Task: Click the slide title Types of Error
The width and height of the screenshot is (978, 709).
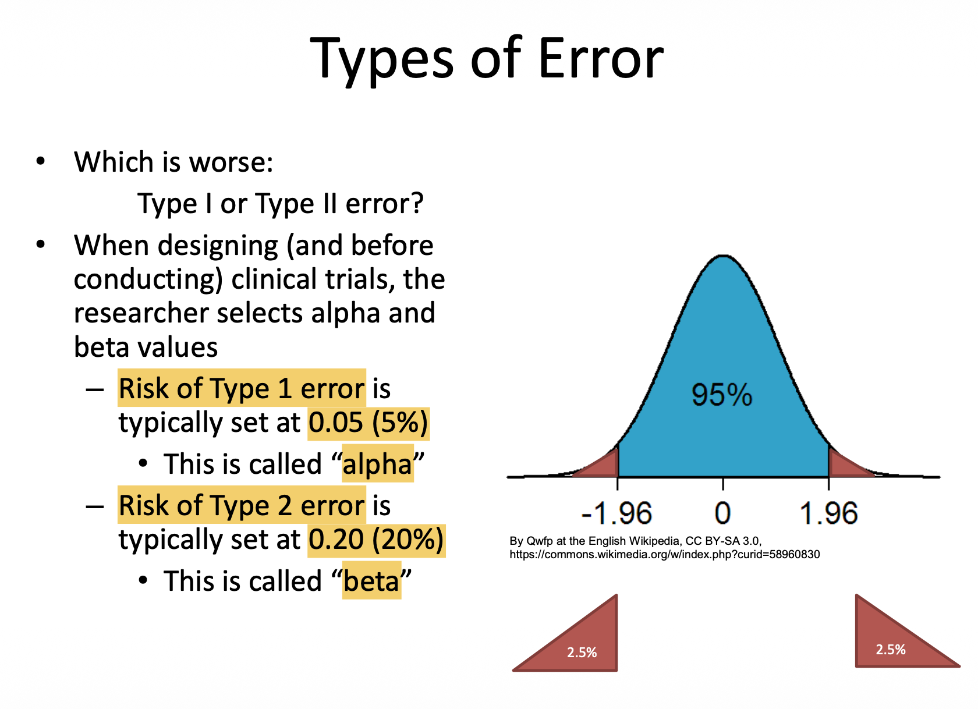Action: tap(487, 59)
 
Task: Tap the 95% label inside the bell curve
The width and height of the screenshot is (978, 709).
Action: tap(722, 395)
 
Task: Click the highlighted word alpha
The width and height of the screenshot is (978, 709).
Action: tap(378, 463)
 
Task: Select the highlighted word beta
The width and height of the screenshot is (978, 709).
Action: tap(371, 580)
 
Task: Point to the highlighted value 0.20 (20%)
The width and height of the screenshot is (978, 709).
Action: tap(376, 539)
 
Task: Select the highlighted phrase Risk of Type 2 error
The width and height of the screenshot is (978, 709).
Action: tap(242, 505)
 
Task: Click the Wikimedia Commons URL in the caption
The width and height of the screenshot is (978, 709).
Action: tap(665, 554)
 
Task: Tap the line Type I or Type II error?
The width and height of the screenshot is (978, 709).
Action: tap(281, 204)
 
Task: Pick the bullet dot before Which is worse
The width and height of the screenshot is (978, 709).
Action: tap(41, 161)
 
